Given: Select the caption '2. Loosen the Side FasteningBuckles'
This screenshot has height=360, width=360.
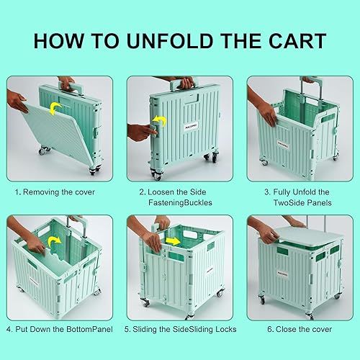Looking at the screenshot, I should click(180, 197).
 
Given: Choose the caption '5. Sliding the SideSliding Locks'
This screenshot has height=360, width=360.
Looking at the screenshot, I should click(180, 330).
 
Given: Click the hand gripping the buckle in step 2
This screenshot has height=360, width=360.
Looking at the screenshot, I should click(140, 132).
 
